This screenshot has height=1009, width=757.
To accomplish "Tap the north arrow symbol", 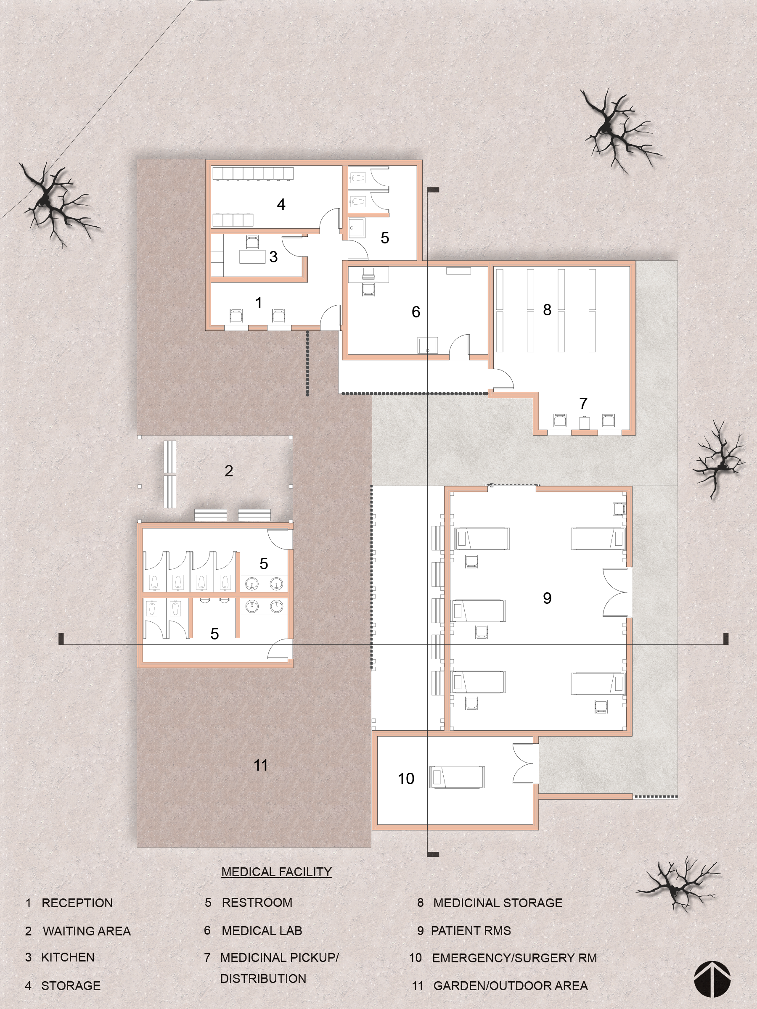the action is tap(712, 979).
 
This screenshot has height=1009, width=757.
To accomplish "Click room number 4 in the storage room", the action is tap(281, 204).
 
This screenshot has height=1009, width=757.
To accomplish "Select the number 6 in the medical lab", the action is tap(416, 312).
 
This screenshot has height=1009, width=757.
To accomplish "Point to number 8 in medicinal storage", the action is tap(547, 310).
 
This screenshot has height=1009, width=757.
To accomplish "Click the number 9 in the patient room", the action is tap(547, 597).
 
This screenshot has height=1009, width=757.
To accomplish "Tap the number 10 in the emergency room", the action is tap(406, 778).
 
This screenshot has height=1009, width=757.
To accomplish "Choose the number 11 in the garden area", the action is tap(261, 765).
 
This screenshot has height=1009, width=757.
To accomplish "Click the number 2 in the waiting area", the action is tap(229, 470).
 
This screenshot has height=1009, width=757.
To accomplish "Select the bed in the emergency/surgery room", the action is tap(457, 777).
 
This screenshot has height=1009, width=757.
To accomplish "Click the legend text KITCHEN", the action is tap(68, 957).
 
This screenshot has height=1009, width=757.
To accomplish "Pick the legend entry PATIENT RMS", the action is tap(471, 930).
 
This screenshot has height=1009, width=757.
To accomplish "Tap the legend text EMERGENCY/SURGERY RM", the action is tap(515, 958).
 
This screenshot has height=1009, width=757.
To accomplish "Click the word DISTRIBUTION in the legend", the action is tap(263, 978).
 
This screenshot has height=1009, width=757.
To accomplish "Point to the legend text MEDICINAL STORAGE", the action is tap(498, 903).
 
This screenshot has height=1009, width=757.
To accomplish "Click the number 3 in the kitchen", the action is tap(273, 257).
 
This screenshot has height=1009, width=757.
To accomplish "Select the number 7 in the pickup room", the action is tap(583, 403).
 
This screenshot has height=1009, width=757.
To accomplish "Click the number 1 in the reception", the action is tap(259, 302).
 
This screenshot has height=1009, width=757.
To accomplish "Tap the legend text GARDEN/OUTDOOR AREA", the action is tap(511, 986).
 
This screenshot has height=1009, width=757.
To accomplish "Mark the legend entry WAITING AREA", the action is tap(87, 931).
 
